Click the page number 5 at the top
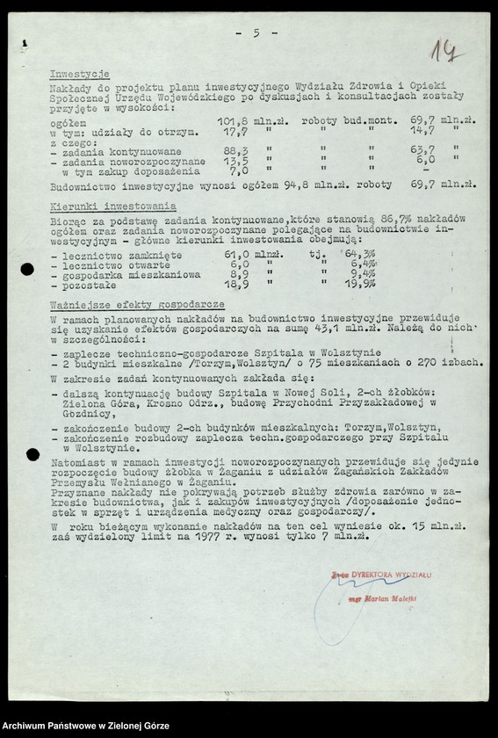tap(256, 33)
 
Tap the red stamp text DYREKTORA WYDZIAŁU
tap(391, 574)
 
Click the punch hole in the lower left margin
tap(32, 454)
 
